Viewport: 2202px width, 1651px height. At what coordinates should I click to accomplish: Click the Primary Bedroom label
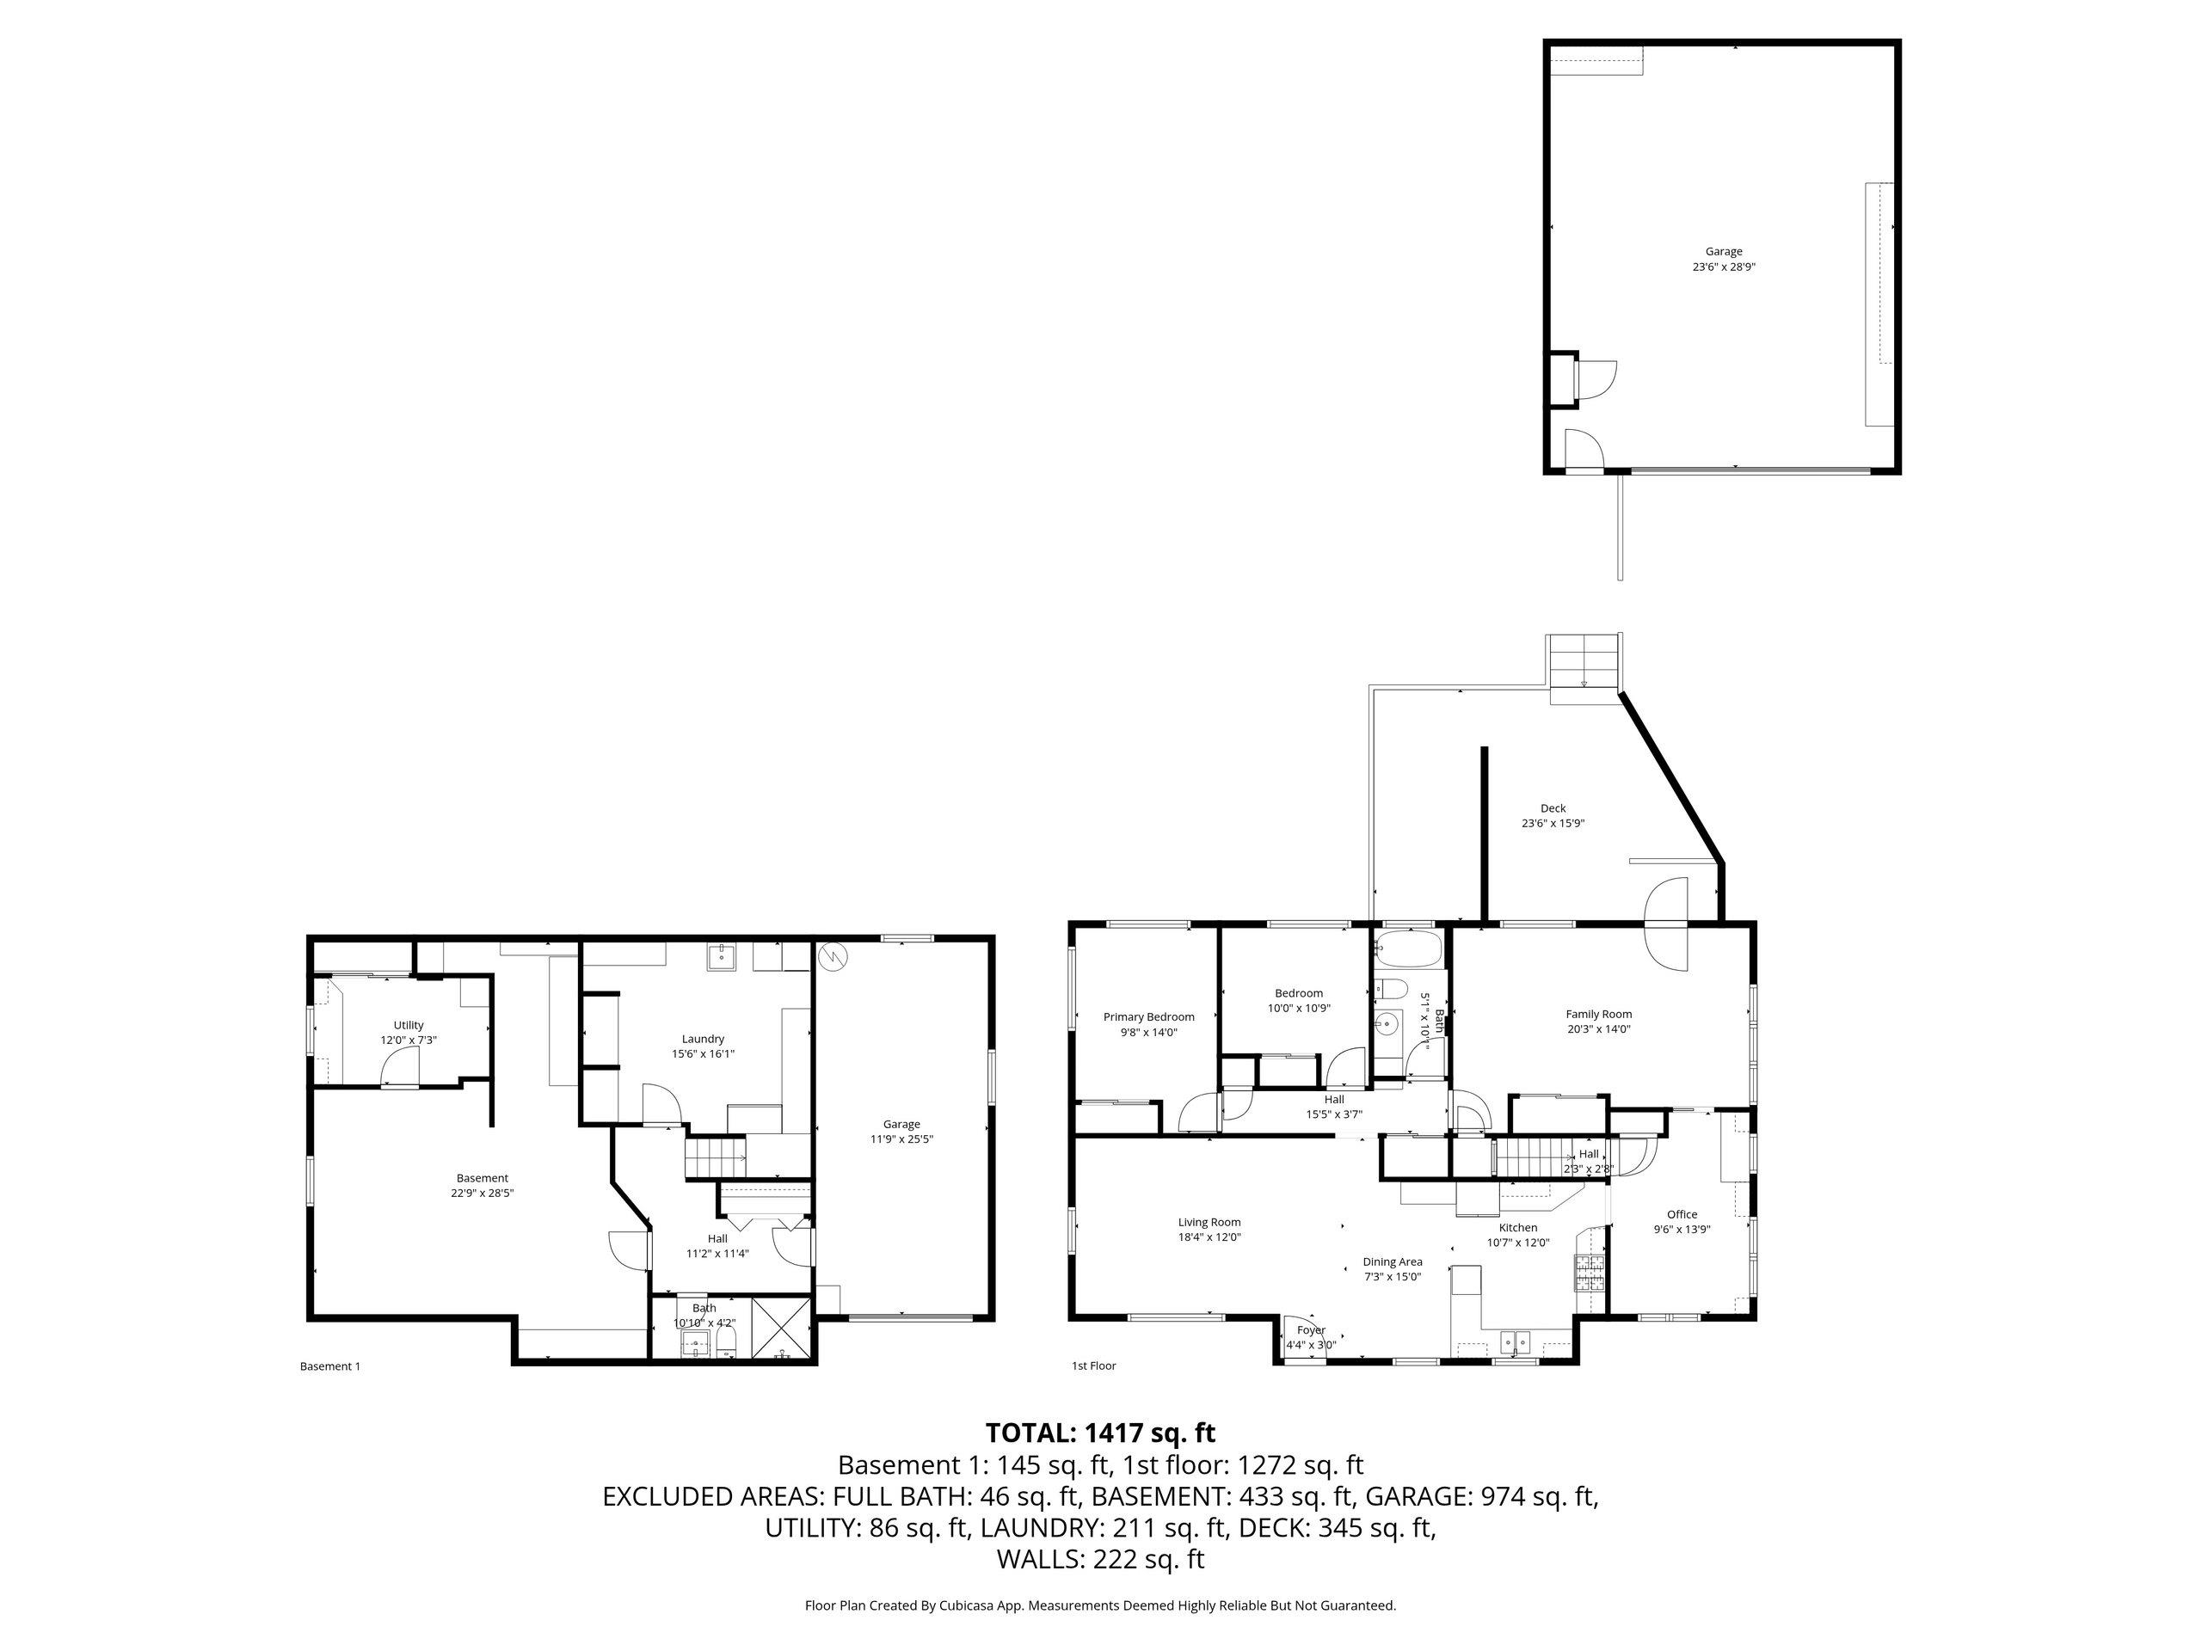tap(1149, 1017)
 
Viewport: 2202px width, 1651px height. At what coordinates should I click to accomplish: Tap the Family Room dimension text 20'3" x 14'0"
tap(1599, 1030)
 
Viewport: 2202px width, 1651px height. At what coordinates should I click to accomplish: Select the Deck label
tap(1553, 808)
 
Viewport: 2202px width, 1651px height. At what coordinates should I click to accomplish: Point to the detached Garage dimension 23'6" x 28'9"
tap(1724, 267)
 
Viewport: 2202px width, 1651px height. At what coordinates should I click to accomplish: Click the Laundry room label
tap(703, 1039)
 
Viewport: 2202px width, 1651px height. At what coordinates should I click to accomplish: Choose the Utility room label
tap(409, 1025)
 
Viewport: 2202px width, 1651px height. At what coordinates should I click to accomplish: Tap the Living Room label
tap(1209, 1222)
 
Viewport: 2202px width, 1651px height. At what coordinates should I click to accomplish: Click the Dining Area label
tap(1393, 1261)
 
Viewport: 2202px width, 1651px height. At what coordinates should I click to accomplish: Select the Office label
tap(1682, 1214)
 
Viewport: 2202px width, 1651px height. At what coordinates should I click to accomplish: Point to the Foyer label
tap(1311, 1329)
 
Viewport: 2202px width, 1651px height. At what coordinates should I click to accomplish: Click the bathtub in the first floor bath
tap(1406, 949)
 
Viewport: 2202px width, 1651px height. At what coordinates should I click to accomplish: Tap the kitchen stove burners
tap(1590, 1274)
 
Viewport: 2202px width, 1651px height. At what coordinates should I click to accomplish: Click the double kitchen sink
tap(1518, 1343)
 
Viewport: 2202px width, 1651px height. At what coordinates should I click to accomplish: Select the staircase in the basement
tap(715, 1159)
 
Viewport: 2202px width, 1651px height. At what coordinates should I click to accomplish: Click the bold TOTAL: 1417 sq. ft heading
tap(1100, 1433)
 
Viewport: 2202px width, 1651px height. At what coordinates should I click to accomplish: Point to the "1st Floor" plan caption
tap(1093, 1366)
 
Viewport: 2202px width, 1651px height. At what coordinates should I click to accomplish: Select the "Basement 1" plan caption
tap(329, 1366)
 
